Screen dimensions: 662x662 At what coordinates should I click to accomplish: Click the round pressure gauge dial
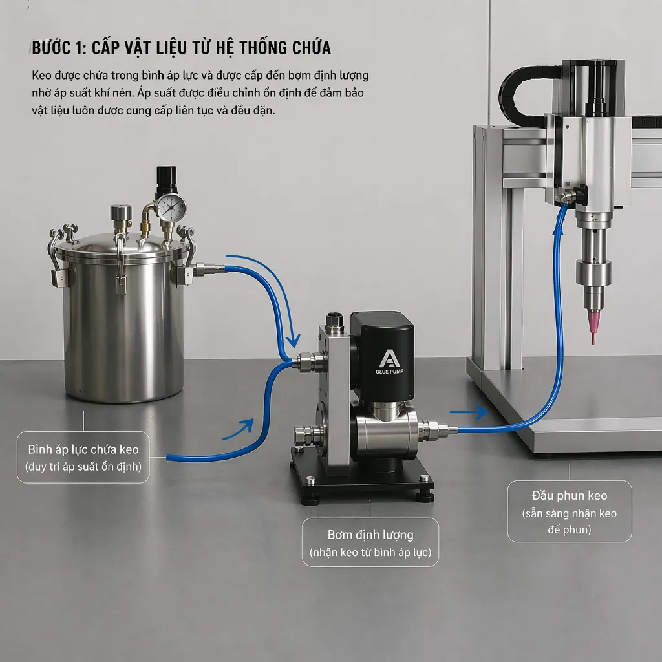click(171, 206)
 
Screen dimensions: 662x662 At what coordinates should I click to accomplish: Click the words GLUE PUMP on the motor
click(389, 372)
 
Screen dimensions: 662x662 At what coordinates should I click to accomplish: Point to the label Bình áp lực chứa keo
click(83, 449)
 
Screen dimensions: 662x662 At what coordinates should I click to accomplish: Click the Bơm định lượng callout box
click(370, 542)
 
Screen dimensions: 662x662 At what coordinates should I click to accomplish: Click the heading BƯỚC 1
click(59, 47)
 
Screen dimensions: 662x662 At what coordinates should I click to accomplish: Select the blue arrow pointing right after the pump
click(469, 412)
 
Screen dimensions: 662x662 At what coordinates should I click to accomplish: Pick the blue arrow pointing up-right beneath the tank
click(239, 429)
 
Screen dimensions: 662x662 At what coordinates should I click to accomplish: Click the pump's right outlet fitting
click(436, 429)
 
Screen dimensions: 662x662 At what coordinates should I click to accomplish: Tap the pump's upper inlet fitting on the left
click(309, 361)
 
